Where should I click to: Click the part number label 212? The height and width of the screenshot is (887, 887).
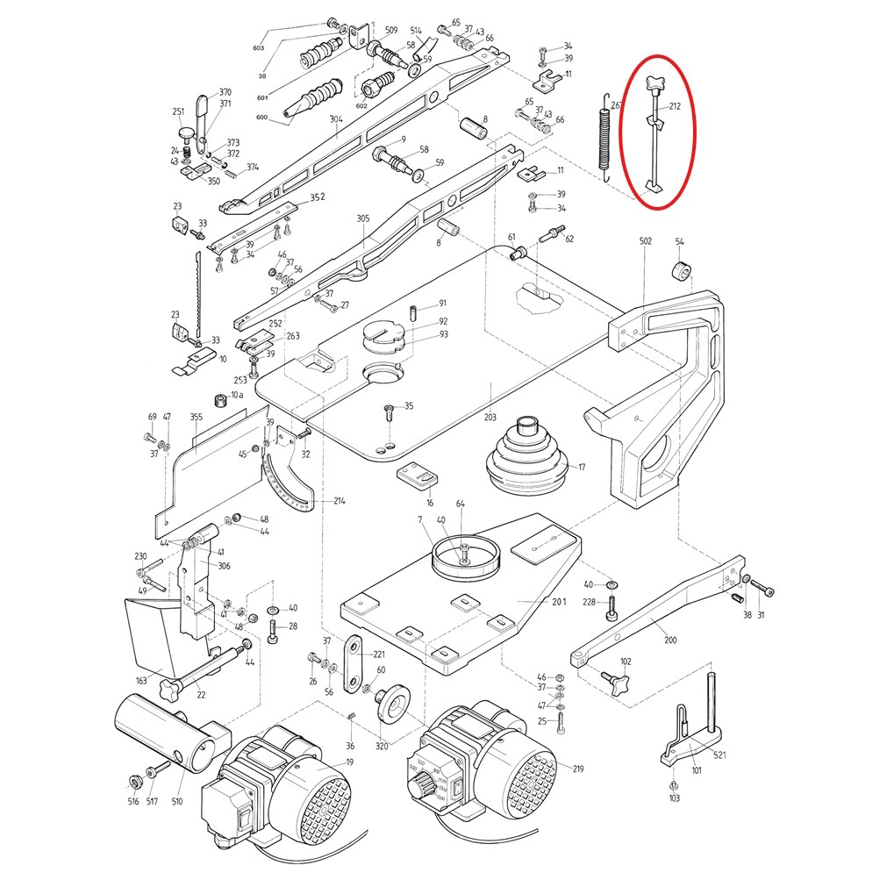[676, 107]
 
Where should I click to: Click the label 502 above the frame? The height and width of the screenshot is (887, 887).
[645, 241]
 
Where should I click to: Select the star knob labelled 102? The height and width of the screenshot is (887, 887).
[612, 681]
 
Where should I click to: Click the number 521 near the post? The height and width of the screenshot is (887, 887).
[719, 755]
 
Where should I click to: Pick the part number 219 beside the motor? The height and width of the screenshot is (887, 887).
[577, 769]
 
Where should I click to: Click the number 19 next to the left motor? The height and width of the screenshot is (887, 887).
[349, 762]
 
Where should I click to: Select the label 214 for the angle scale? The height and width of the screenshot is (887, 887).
[340, 501]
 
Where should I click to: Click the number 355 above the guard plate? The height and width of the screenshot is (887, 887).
[196, 418]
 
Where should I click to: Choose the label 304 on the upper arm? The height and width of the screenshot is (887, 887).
[336, 120]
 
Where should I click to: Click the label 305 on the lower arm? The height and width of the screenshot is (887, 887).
[363, 219]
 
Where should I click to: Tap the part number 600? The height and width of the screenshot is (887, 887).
[261, 118]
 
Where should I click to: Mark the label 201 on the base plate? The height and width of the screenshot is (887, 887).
[559, 601]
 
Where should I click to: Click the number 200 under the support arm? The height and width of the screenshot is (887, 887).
[670, 640]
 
